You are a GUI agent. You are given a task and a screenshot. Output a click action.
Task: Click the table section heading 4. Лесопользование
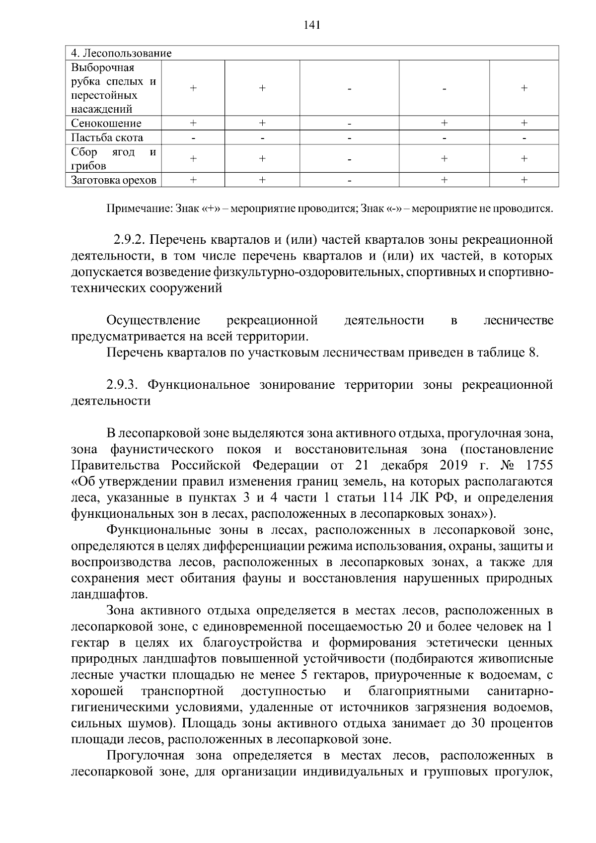click(121, 53)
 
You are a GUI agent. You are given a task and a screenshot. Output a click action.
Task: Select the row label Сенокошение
click(106, 123)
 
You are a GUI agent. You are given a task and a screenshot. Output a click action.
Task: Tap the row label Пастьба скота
click(107, 138)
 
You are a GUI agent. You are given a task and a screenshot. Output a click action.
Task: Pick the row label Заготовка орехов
click(114, 180)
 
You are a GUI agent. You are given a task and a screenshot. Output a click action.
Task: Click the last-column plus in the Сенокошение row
click(523, 123)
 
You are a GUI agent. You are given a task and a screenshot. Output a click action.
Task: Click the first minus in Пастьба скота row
click(193, 138)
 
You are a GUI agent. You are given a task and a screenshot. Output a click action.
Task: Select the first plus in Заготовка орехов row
click(193, 180)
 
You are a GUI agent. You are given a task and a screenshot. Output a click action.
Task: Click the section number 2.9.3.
click(124, 385)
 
